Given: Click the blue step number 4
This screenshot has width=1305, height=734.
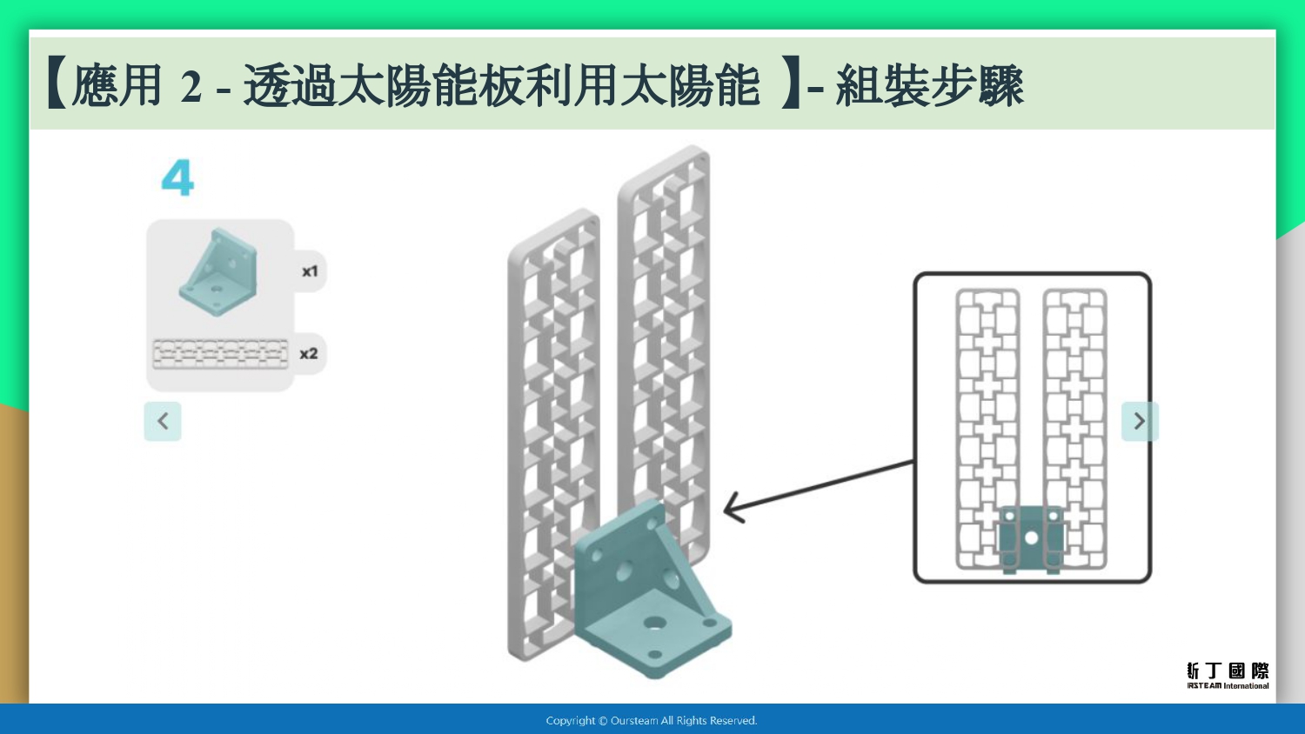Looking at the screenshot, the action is pyautogui.click(x=177, y=177).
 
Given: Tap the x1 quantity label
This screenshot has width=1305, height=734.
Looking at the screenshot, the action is pyautogui.click(x=310, y=271).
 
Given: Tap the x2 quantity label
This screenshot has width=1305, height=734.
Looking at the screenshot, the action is pyautogui.click(x=309, y=354).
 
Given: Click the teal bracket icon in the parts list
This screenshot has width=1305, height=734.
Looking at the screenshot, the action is pyautogui.click(x=218, y=271).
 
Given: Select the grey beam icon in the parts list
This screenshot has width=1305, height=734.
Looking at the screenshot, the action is pyautogui.click(x=220, y=354).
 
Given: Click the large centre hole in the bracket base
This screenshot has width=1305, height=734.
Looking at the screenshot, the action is pyautogui.click(x=655, y=624).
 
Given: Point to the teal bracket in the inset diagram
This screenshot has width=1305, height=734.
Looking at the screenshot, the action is pyautogui.click(x=1031, y=538).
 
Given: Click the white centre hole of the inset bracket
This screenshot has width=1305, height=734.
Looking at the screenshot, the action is pyautogui.click(x=1031, y=537).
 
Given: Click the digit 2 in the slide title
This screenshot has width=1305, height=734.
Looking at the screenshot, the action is pyautogui.click(x=191, y=87).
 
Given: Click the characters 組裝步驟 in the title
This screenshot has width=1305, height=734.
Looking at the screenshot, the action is pyautogui.click(x=930, y=86).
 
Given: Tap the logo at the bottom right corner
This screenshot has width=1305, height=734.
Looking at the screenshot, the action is pyautogui.click(x=1228, y=675).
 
